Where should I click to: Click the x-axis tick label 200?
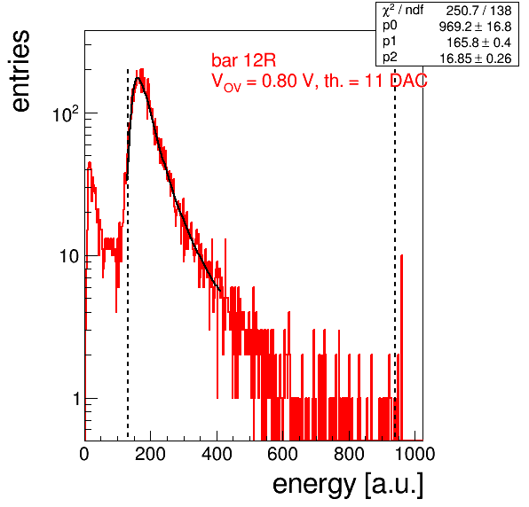tap(150, 454)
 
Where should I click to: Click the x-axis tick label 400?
tap(217, 454)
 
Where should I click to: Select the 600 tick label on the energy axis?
tap(283, 454)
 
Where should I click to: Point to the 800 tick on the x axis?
tap(349, 454)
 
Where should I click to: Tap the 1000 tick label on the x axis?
tap(415, 454)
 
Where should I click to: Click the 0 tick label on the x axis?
tap(84, 454)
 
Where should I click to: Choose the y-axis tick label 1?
tap(76, 399)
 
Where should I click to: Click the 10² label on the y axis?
tap(66, 113)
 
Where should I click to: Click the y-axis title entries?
tap(21, 71)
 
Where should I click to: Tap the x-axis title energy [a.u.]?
tap(348, 486)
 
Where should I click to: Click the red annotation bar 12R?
tap(243, 60)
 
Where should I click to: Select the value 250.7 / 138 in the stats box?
tap(478, 11)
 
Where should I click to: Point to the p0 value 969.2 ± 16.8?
tap(476, 27)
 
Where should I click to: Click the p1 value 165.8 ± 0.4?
tap(479, 43)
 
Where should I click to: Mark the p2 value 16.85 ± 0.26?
tap(476, 58)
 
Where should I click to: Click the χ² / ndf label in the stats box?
tap(402, 10)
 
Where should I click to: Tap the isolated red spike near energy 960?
tap(401, 347)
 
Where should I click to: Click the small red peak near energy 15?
tap(90, 164)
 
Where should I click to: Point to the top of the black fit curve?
tap(138, 78)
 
